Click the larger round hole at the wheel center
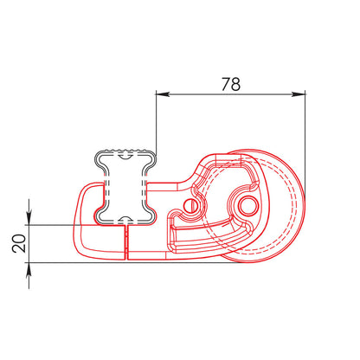(x=248, y=205)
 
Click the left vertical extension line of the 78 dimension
(x=157, y=121)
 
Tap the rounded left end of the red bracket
(x=75, y=221)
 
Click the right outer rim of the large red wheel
(x=305, y=208)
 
